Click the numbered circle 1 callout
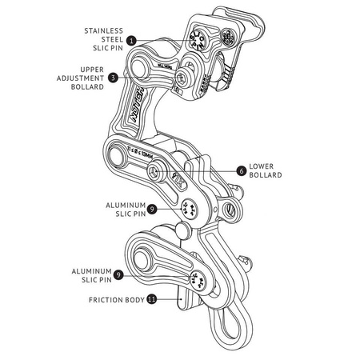(x=131, y=38)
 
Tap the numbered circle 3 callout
(x=114, y=78)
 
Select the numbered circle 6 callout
(x=241, y=170)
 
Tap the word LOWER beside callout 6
(x=262, y=166)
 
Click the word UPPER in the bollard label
(x=91, y=70)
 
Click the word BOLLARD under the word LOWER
(x=267, y=175)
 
